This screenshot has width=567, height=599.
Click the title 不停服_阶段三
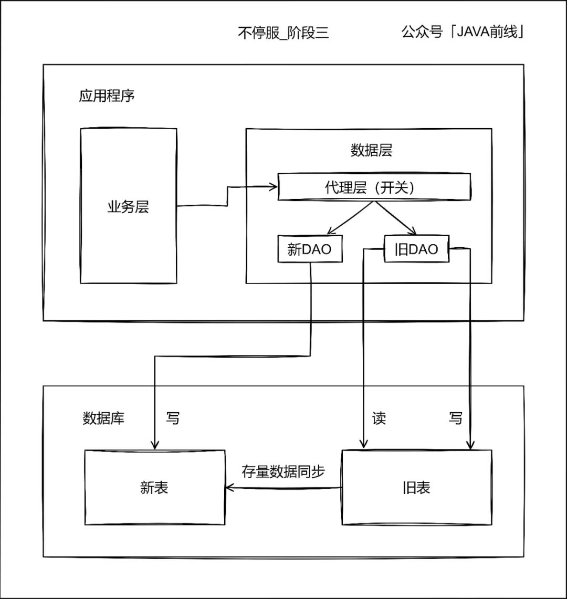click(x=283, y=33)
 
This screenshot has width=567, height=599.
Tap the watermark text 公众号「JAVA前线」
click(x=464, y=32)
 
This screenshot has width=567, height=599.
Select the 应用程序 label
click(x=107, y=96)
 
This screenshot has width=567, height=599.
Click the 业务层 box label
click(x=128, y=206)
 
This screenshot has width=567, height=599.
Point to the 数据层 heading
click(x=371, y=151)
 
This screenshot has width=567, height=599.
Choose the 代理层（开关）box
click(x=374, y=187)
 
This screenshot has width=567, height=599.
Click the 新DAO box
click(x=310, y=249)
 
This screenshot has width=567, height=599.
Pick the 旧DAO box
click(x=417, y=249)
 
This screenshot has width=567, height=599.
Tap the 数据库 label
click(x=103, y=418)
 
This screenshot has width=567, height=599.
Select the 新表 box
click(x=155, y=487)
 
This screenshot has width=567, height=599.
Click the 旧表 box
click(x=417, y=487)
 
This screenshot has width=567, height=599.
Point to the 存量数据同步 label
click(x=283, y=471)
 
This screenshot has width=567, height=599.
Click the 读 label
click(x=379, y=418)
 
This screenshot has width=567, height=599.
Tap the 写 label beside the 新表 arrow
click(x=172, y=418)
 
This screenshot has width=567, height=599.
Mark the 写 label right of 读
click(x=456, y=418)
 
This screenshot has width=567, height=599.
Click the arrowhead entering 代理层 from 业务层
click(x=274, y=186)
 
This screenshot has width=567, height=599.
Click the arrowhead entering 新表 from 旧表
click(x=229, y=488)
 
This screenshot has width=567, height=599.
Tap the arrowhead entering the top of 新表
click(x=155, y=446)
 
